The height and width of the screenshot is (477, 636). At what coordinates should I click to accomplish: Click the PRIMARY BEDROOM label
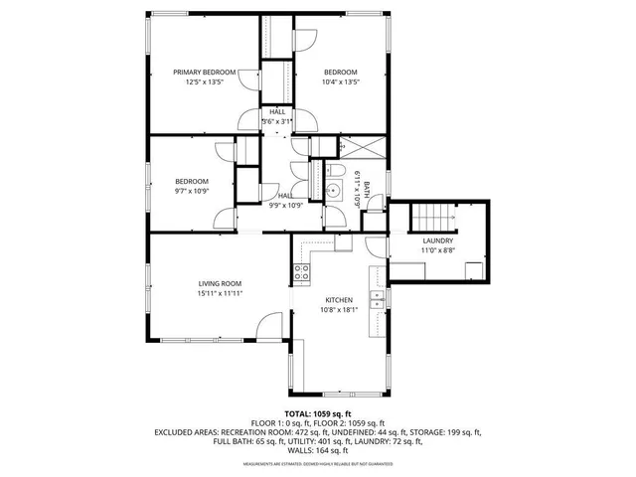tap(205, 73)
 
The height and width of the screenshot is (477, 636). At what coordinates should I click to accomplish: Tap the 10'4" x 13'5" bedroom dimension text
tap(340, 82)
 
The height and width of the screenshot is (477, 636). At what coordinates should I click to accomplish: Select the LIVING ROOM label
tap(220, 283)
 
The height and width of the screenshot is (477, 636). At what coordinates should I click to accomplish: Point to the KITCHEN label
tap(339, 299)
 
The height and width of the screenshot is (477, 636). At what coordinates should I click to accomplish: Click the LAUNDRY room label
tap(437, 240)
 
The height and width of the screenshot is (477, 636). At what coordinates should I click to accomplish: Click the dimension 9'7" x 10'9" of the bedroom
tap(192, 190)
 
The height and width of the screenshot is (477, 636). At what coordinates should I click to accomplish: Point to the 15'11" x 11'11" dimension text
tap(220, 293)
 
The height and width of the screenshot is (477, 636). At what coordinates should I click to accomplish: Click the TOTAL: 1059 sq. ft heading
tap(318, 412)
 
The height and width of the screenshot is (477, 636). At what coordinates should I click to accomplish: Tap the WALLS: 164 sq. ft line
tap(318, 452)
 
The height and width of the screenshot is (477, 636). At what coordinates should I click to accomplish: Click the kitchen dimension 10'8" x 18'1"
tap(339, 309)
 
